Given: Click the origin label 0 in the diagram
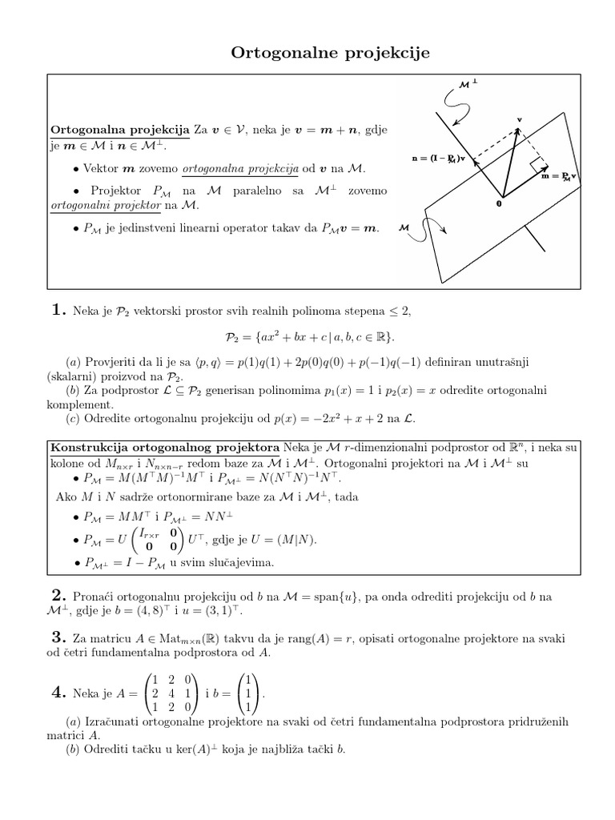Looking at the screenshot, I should pos(498,204).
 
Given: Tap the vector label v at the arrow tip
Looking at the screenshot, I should pos(519,119).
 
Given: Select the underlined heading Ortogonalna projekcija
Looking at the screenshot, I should pos(119,130).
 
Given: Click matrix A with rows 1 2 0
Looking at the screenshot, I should pos(172,693).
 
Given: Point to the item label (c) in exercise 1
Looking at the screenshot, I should pos(73,418).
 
